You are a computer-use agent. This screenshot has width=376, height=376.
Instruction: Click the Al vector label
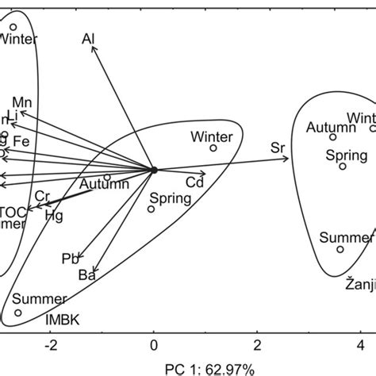(x=88, y=38)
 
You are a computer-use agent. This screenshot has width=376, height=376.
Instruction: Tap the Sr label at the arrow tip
(x=278, y=148)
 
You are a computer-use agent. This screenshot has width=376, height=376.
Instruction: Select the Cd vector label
(x=194, y=183)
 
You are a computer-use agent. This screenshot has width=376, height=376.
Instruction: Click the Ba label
(x=86, y=276)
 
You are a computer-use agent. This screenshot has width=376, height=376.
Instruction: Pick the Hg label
(x=54, y=214)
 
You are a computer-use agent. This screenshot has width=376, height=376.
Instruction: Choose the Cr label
(x=43, y=196)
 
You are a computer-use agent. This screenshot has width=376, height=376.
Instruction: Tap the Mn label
(x=21, y=102)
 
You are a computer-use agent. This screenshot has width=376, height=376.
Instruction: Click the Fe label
(x=21, y=140)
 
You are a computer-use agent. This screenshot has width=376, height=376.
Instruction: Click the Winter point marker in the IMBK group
(x=213, y=148)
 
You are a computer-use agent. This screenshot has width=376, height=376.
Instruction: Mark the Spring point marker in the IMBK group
(x=151, y=209)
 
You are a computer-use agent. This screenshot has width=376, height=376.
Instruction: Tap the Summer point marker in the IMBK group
(x=18, y=313)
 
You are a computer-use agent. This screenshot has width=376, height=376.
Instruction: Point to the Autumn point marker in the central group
(x=107, y=177)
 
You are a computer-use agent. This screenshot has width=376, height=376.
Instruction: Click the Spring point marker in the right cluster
(x=343, y=167)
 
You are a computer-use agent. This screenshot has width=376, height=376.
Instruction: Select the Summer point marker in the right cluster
(x=340, y=249)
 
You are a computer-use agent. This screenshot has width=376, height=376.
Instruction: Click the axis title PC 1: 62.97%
(x=209, y=368)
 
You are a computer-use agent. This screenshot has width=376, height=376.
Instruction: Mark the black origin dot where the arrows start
(x=154, y=169)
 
